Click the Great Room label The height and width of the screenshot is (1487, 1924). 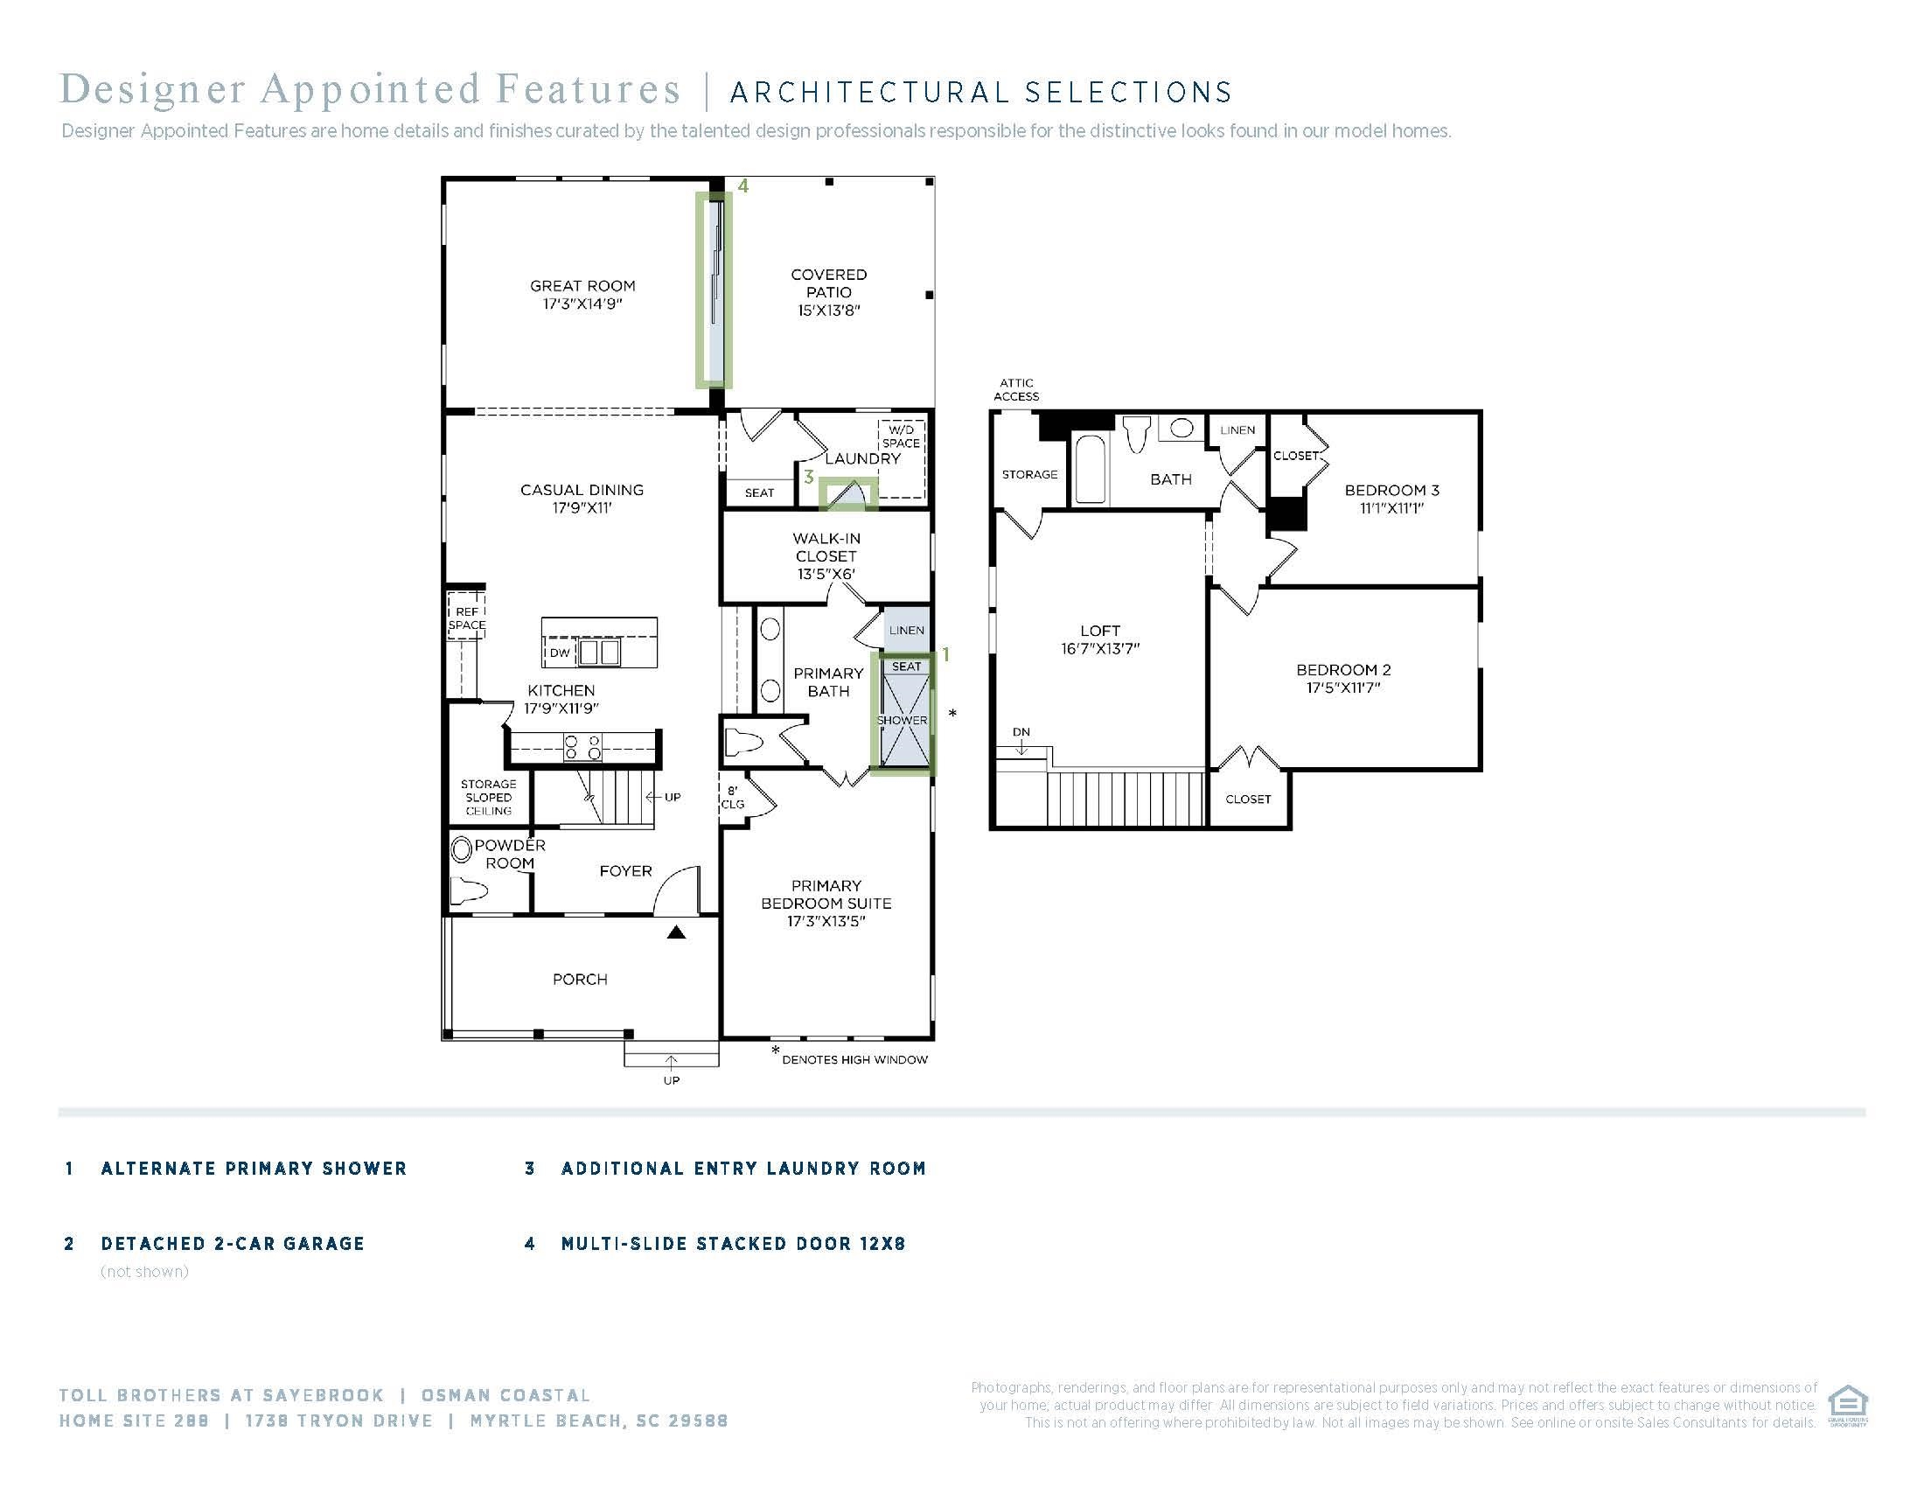click(x=582, y=294)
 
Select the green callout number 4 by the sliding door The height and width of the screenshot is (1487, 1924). click(x=743, y=185)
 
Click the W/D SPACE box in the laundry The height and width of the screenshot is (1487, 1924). click(x=901, y=458)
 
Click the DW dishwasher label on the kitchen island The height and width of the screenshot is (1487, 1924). click(x=561, y=653)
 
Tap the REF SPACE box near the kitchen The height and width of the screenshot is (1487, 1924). click(x=467, y=618)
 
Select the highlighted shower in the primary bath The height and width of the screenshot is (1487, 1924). click(x=903, y=714)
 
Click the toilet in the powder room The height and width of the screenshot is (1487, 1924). click(x=468, y=892)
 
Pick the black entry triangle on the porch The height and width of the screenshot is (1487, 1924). click(x=676, y=932)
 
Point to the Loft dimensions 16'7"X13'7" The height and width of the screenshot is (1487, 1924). click(x=1100, y=649)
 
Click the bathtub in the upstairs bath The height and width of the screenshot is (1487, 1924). click(x=1091, y=470)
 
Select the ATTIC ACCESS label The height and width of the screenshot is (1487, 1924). click(x=1016, y=389)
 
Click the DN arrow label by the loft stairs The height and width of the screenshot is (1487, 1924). click(x=1021, y=732)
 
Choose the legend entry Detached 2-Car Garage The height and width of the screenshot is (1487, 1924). click(x=233, y=1243)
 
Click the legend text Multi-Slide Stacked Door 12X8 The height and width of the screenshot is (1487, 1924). click(x=733, y=1243)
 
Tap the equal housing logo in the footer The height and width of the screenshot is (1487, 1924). click(x=1847, y=1407)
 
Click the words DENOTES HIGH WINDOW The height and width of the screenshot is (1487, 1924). click(x=854, y=1060)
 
